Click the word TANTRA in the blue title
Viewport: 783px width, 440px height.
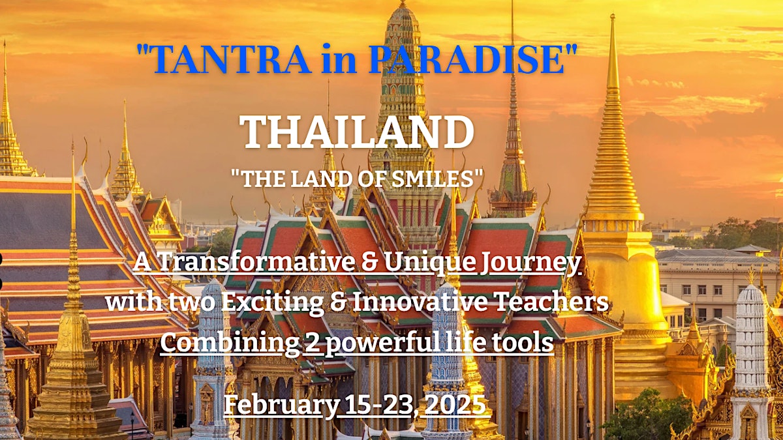point(231,58)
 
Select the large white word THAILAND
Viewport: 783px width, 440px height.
point(356,132)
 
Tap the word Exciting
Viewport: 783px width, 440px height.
point(272,302)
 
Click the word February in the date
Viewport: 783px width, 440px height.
point(281,405)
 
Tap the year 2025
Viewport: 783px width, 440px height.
point(453,404)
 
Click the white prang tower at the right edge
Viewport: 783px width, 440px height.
point(751,349)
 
